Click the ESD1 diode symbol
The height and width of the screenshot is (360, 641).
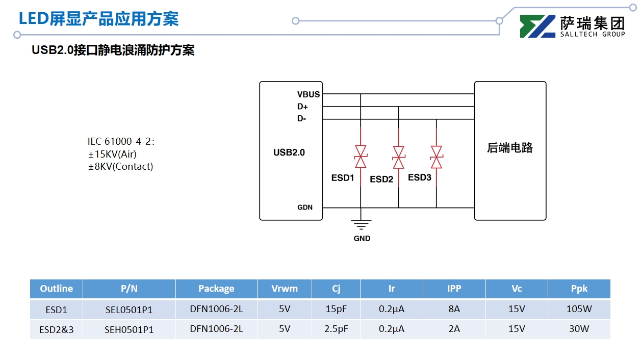coord(361,157)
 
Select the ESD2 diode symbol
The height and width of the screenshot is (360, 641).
coord(398,158)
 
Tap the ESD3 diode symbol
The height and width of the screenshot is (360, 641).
coord(436,157)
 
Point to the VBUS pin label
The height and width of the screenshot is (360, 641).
coord(309,94)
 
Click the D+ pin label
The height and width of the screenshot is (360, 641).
coord(303,107)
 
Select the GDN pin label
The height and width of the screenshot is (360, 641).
coord(305,208)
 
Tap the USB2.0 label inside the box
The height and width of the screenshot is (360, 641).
coord(289,152)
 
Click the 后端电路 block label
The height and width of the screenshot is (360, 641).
coord(510,148)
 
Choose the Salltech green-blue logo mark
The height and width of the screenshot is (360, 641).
coord(537,27)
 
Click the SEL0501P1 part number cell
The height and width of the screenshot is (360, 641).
coord(129,310)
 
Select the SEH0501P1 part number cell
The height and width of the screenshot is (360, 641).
coord(129,329)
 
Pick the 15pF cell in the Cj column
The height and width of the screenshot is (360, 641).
coord(336,309)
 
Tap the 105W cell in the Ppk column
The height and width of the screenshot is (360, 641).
coord(579,309)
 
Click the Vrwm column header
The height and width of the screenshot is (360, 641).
coord(285,289)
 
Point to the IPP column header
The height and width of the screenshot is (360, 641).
coord(454,289)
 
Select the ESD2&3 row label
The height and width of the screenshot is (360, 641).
coord(57,329)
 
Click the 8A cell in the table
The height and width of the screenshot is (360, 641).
coord(454,309)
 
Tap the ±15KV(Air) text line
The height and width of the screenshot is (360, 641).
coord(112,154)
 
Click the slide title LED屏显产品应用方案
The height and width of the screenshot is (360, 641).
coord(98,19)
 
